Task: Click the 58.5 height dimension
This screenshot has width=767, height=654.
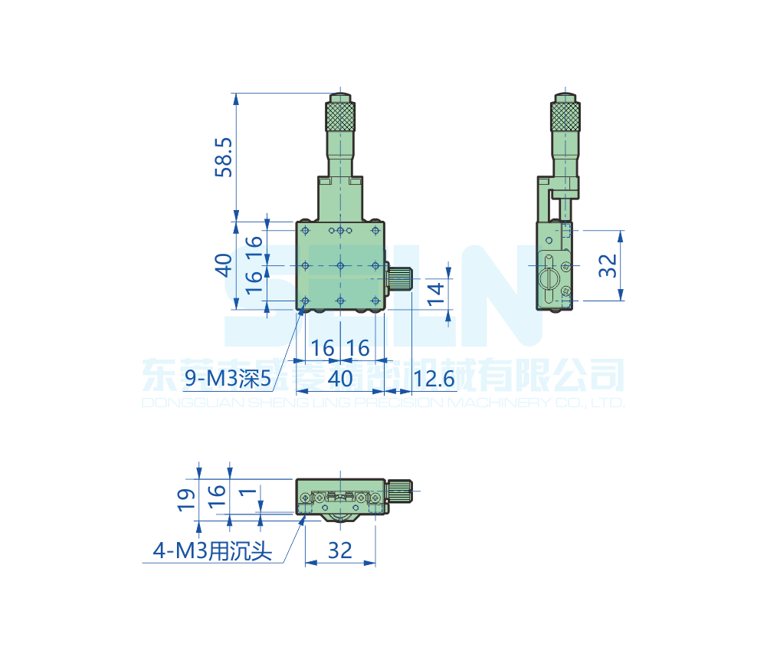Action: click(223, 158)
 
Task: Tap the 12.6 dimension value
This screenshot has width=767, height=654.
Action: click(434, 378)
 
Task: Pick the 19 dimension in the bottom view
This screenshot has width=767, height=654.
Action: click(185, 499)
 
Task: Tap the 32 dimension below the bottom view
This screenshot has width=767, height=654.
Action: click(339, 550)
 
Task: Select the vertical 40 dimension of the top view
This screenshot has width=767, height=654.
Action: click(223, 265)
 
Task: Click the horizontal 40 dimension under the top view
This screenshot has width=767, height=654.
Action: click(339, 378)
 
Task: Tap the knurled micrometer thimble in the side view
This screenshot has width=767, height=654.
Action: click(565, 117)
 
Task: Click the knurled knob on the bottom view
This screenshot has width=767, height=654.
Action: click(399, 491)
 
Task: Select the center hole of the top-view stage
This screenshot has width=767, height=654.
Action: click(340, 265)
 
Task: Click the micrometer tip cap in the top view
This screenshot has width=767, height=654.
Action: click(340, 97)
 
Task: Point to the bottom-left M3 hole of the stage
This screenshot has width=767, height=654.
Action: click(305, 300)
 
